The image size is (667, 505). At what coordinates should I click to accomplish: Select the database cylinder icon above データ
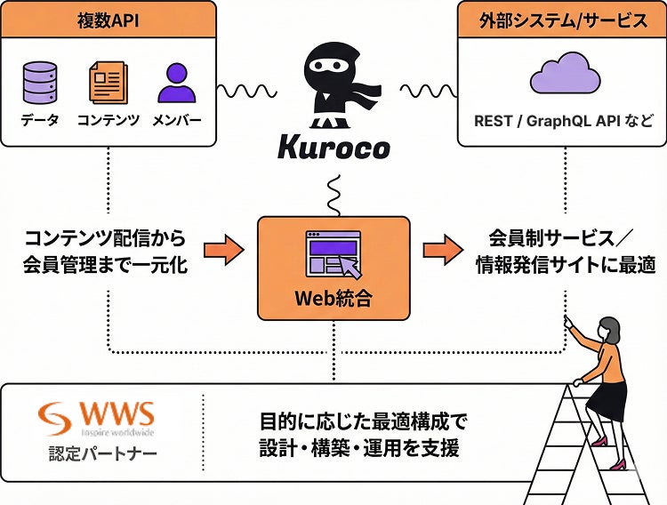coord(39,82)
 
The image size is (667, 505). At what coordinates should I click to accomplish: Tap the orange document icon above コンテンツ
coord(107,82)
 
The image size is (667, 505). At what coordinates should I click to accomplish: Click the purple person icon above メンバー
coord(176,82)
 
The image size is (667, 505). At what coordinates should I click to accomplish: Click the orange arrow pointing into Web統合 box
coord(223,251)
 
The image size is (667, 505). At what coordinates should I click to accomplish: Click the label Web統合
coord(333,299)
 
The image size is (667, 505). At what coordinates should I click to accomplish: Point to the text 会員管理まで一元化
coord(106,265)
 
